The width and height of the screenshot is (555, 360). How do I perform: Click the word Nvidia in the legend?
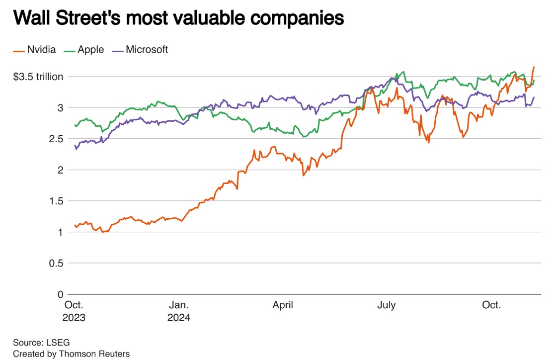pos(41,49)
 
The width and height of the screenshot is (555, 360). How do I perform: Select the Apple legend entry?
pos(91,49)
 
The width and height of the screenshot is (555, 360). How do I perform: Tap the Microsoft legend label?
pos(147,49)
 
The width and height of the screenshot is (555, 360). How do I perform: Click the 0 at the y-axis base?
pos(60,294)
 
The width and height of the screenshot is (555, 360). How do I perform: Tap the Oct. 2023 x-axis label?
pos(75,311)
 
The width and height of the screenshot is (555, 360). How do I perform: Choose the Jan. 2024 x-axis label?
pos(179,311)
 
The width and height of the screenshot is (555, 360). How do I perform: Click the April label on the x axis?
pos(283,305)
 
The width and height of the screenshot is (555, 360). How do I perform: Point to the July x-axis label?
pos(387,305)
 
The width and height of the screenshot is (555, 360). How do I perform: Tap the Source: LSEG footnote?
pos(42,343)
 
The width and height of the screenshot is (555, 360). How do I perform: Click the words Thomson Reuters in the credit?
pos(94,354)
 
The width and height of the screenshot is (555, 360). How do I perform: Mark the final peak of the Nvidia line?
pos(534,67)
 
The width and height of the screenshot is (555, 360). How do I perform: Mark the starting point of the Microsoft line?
pos(75,145)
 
